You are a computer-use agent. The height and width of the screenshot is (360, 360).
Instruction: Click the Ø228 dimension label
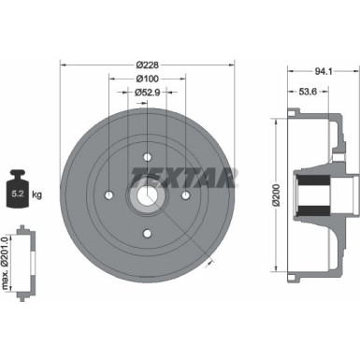[146, 64]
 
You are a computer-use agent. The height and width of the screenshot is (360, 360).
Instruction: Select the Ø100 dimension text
[146, 78]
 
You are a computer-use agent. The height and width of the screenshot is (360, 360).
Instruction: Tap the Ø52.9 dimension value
[146, 92]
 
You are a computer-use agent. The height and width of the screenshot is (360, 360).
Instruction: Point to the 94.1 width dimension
[323, 69]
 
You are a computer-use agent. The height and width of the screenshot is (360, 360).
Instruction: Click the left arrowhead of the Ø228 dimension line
[63, 64]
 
